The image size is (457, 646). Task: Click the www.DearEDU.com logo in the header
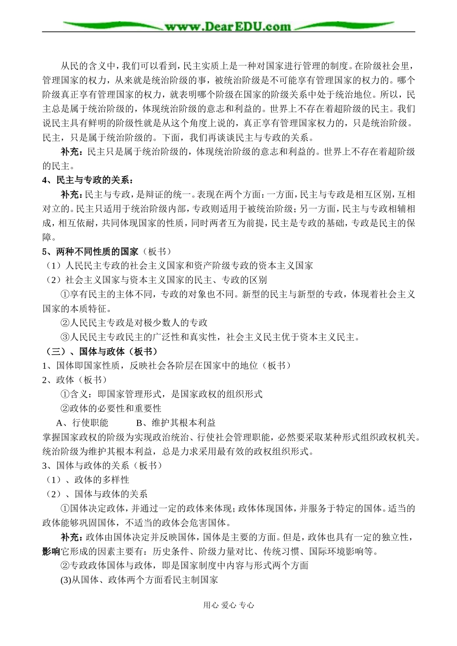click(x=228, y=26)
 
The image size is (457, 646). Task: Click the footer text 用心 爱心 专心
click(x=228, y=606)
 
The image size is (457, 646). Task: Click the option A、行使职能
click(x=82, y=423)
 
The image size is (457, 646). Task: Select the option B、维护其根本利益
click(x=176, y=423)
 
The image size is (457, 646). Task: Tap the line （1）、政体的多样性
click(x=88, y=480)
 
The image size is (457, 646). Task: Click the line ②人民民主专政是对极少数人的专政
click(x=134, y=323)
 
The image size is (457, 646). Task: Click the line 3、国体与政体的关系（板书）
click(x=102, y=465)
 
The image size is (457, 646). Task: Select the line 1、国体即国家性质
click(x=166, y=366)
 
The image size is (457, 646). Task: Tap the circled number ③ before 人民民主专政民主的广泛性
click(x=65, y=337)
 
